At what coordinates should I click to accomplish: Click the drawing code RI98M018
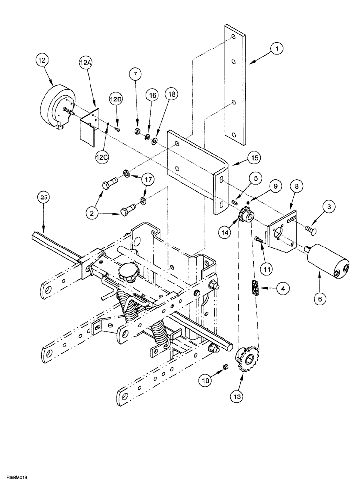(19, 489)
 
